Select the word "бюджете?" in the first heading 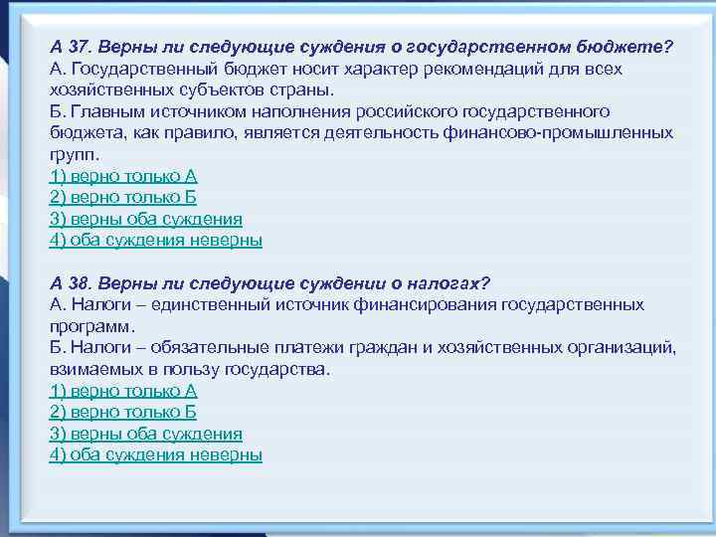coord(632,47)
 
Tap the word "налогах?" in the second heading coord(456,282)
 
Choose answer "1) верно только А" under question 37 coord(122,176)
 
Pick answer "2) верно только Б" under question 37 coord(122,197)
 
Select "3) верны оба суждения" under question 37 coord(145,219)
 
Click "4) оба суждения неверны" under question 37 coord(155,240)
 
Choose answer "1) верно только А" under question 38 coord(122,391)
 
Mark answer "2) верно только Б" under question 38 coord(122,412)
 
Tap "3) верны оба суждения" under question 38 coord(145,434)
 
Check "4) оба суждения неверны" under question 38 coord(155,454)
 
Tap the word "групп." coord(75,154)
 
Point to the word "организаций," coord(624,347)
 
